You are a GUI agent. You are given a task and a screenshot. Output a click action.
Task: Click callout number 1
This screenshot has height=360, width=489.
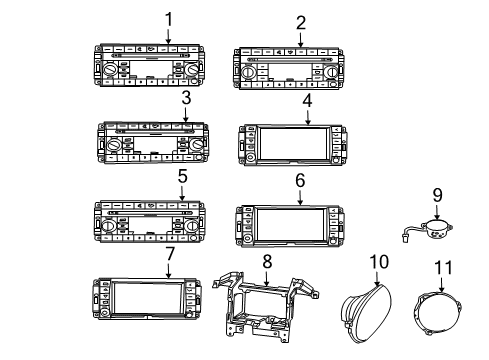click(x=168, y=17)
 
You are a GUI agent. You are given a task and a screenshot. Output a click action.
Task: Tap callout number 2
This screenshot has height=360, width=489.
click(x=301, y=22)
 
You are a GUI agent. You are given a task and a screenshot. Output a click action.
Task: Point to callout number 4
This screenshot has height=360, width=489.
click(x=308, y=101)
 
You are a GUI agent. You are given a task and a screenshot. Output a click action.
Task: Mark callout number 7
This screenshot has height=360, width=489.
click(x=169, y=253)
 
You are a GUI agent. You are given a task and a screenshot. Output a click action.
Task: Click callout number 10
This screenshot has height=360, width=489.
click(x=378, y=262)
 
